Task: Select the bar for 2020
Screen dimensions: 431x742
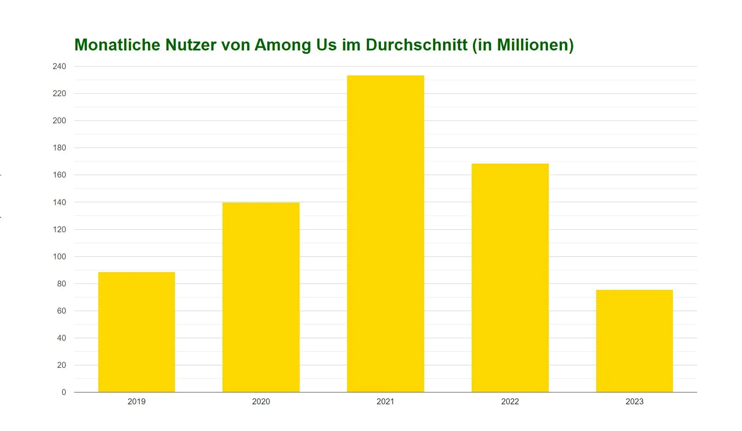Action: [261, 297]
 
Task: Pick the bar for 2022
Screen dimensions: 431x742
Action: [510, 278]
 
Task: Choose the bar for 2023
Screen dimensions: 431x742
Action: [634, 341]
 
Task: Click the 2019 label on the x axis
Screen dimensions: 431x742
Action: [136, 401]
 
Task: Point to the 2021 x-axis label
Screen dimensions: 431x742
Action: [385, 401]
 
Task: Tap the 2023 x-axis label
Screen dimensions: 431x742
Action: [634, 401]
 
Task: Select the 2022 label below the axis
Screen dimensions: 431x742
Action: [510, 401]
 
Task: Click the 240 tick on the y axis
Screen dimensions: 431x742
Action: [59, 66]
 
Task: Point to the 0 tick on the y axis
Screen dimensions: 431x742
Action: [64, 392]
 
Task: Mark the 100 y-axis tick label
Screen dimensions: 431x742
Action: [59, 256]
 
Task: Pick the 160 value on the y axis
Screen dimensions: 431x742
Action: [59, 175]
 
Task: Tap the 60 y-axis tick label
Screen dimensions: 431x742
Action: [61, 311]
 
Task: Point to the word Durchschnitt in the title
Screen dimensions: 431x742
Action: [417, 45]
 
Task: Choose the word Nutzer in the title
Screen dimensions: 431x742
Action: [191, 45]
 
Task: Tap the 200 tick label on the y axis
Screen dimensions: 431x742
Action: [59, 120]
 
